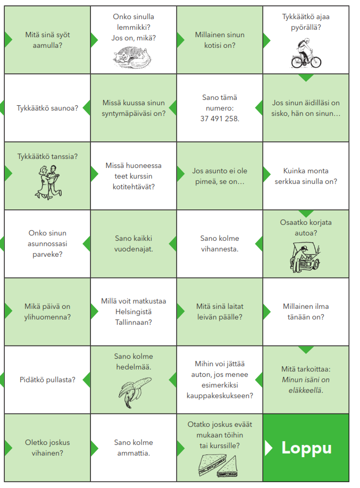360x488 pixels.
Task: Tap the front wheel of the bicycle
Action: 315,62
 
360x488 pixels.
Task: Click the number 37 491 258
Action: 220,119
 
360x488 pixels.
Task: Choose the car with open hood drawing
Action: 305,256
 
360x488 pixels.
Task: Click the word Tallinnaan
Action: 133,322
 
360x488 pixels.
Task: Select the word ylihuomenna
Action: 47,317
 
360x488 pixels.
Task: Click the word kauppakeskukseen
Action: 220,396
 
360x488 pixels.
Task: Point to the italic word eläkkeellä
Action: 305,390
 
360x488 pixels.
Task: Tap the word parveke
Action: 47,254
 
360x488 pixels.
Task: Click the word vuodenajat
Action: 133,249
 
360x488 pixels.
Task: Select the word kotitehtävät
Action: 133,187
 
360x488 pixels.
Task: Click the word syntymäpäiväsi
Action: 124,113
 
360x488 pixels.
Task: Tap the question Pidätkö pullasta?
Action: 47,380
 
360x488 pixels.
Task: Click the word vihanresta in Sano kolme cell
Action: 220,249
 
